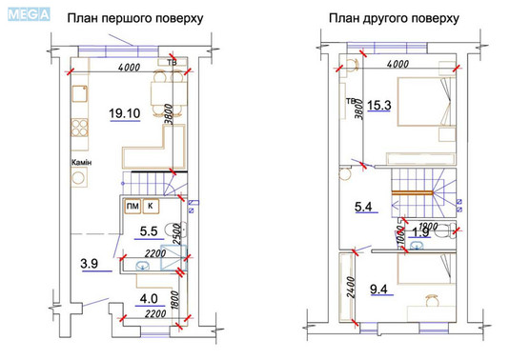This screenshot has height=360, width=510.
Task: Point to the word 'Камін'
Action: click(x=81, y=163)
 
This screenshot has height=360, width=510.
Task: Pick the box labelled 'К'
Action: click(x=151, y=206)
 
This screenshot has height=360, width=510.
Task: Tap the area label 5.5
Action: click(x=149, y=230)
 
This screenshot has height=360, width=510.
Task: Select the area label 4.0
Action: click(x=151, y=298)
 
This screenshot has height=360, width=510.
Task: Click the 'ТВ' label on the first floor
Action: click(x=173, y=64)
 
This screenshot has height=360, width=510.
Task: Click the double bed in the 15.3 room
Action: click(x=417, y=108)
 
